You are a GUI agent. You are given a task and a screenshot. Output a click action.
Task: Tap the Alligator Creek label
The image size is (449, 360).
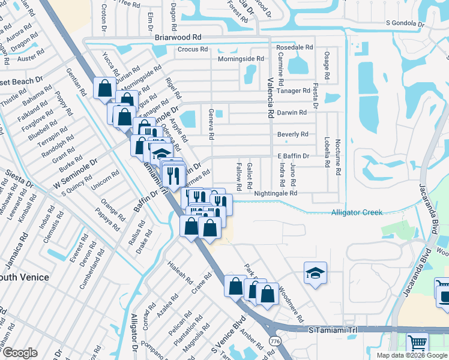pyautogui.click(x=357, y=212)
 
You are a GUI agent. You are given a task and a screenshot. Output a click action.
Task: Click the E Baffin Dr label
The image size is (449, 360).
pyautogui.click(x=293, y=156)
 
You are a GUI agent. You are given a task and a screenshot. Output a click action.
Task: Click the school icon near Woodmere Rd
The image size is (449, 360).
pyautogui.click(x=315, y=273)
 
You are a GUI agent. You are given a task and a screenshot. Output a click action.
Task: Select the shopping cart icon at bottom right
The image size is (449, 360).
pyautogui.click(x=417, y=344)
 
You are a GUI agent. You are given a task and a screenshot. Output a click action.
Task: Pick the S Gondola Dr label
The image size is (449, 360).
pyautogui.click(x=405, y=24)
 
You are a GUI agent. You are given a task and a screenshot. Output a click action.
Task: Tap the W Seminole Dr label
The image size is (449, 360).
pyautogui.click(x=75, y=175)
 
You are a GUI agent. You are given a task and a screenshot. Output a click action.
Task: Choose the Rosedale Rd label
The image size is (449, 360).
pyautogui.click(x=294, y=47)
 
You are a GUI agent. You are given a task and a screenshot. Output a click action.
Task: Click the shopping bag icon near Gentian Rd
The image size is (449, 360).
pyautogui.click(x=104, y=88)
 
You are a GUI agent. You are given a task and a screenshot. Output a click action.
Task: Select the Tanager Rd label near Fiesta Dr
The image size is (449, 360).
pyautogui.click(x=298, y=91)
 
